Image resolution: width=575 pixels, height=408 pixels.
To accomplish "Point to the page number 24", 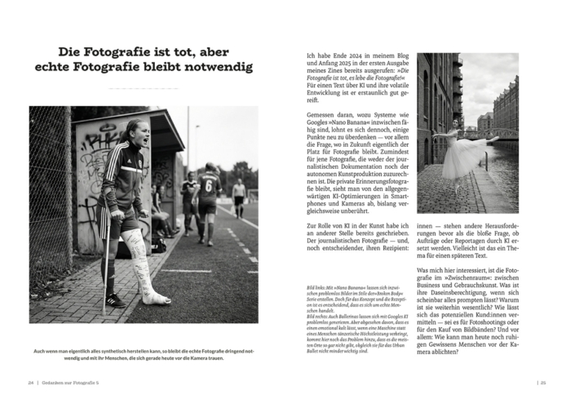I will pos(31,381).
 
